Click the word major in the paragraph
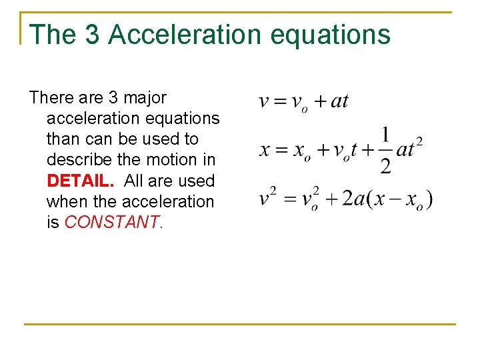point(145,97)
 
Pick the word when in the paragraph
point(65,201)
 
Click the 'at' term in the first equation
point(340,101)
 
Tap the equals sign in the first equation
point(278,102)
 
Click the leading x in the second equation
point(264,149)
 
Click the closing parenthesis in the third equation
point(429,199)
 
